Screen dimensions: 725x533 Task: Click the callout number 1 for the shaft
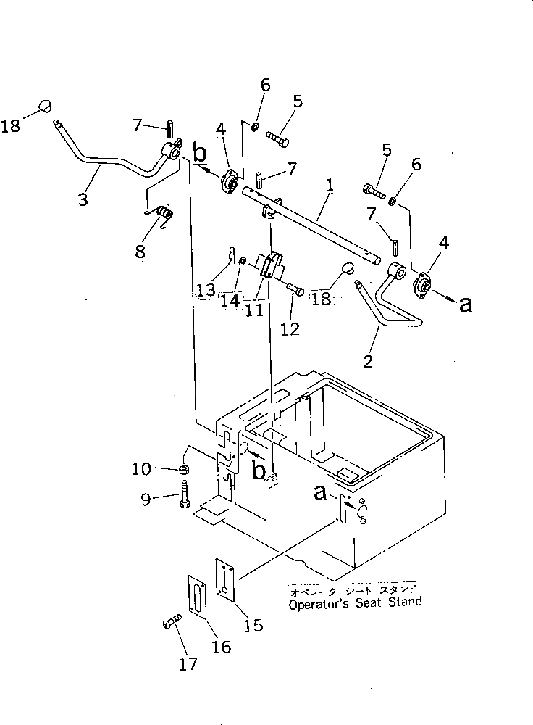330,186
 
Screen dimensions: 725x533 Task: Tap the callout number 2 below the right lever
369,360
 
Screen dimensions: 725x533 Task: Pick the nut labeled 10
184,470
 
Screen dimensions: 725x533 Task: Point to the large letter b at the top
200,154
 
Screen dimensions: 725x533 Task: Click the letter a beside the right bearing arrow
466,304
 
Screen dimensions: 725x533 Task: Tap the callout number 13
206,291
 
